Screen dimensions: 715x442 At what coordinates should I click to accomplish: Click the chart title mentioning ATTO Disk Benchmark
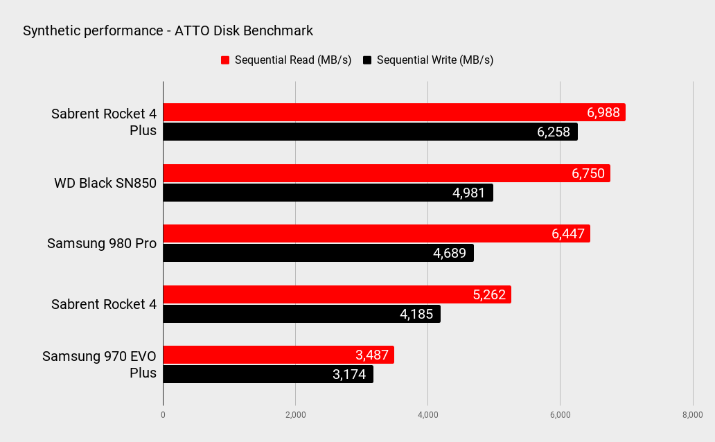[x=168, y=30]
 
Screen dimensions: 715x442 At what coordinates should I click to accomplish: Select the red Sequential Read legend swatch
[x=225, y=60]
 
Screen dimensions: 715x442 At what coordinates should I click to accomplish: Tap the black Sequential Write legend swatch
[x=367, y=60]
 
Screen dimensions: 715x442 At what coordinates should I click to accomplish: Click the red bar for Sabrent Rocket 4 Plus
[x=394, y=112]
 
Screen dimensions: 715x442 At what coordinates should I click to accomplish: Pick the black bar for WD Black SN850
[x=328, y=193]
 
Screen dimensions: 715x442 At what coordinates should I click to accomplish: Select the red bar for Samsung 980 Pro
[x=377, y=233]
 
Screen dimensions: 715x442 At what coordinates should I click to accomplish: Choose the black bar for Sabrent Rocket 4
[x=302, y=314]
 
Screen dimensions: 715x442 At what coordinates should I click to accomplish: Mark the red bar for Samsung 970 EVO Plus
[x=279, y=355]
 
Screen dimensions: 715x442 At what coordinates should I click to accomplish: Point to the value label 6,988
[x=603, y=113]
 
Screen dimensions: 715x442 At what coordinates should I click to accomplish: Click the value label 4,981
[x=469, y=193]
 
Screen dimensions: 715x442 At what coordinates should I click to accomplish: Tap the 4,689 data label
[x=450, y=253]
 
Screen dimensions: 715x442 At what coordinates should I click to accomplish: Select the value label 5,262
[x=489, y=294]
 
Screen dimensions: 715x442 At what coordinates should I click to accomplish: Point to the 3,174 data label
[x=349, y=375]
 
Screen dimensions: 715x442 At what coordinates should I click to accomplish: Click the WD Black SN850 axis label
[x=105, y=183]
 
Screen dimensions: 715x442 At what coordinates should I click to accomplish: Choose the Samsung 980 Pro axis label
[x=102, y=244]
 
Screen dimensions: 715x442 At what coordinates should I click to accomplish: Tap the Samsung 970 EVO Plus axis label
[x=99, y=364]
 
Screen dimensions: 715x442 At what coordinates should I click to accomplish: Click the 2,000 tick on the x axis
[x=295, y=415]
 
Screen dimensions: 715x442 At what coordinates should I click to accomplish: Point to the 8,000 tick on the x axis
[x=693, y=415]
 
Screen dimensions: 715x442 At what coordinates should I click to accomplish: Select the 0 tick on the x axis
[x=164, y=415]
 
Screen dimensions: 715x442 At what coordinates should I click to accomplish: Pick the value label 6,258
[x=554, y=132]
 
